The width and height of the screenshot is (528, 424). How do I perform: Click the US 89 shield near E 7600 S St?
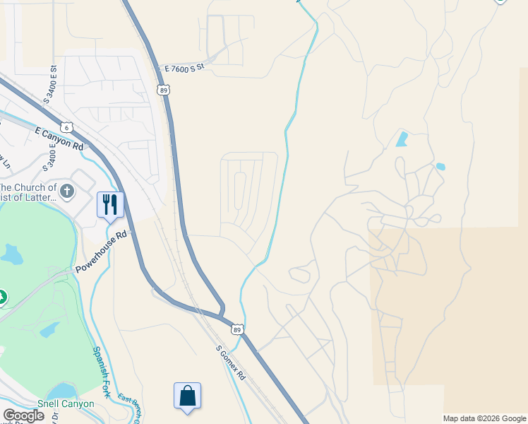pos(164,90)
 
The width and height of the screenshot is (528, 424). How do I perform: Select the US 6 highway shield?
pos(66,127)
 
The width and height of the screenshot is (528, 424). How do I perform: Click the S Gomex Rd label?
pos(231,363)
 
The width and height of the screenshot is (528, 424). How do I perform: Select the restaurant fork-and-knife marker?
pos(110,205)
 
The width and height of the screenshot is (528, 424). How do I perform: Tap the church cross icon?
pos(67,192)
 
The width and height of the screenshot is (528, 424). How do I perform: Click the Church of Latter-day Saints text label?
pos(28,192)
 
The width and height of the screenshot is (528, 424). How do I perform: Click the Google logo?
pos(23,416)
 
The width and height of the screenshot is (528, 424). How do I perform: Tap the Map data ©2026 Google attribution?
pos(484,418)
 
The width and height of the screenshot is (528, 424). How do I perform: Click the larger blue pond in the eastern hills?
pos(402,139)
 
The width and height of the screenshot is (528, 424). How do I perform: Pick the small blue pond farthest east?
pos(440,167)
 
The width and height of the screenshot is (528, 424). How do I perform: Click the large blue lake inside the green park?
pos(12,253)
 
